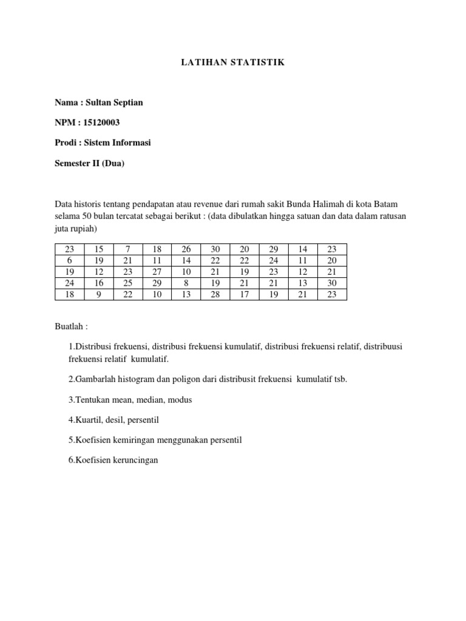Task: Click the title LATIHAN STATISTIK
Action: (233, 62)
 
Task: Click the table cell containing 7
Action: (127, 249)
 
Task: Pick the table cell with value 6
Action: (69, 260)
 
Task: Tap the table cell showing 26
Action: (186, 249)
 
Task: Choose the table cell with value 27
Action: (157, 272)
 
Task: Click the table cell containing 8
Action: (186, 283)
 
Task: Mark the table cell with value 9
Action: (98, 295)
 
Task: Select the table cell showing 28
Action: (215, 295)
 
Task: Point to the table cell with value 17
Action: (245, 295)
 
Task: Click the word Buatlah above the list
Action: (70, 326)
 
